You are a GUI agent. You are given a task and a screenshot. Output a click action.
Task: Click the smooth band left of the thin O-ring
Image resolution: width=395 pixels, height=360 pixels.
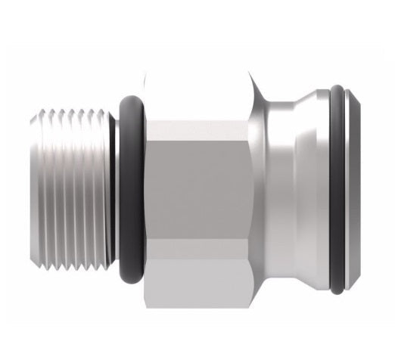pyautogui.click(x=322, y=189)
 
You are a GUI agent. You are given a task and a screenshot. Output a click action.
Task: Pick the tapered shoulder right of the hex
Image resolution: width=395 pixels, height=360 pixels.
pyautogui.click(x=261, y=189)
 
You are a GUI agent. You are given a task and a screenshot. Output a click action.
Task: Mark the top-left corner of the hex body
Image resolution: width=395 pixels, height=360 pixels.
pyautogui.click(x=145, y=75)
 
